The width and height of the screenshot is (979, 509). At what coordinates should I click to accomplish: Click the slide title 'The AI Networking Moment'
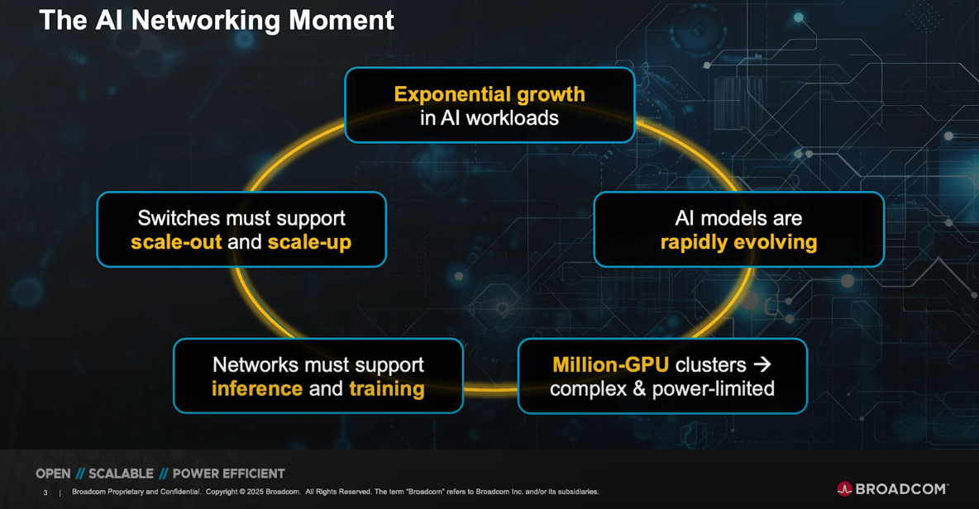(x=217, y=21)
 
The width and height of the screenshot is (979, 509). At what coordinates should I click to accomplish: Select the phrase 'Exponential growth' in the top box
(x=489, y=94)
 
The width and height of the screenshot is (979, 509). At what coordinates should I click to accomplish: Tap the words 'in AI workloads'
(x=489, y=118)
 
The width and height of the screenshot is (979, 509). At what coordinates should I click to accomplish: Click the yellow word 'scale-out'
(x=175, y=242)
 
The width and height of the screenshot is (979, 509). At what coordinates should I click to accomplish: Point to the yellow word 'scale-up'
(x=309, y=242)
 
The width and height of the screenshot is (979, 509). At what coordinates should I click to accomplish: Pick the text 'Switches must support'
(x=241, y=218)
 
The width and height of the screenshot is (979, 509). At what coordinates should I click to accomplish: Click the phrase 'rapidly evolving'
(x=738, y=242)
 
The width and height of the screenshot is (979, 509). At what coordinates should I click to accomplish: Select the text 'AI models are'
(x=738, y=218)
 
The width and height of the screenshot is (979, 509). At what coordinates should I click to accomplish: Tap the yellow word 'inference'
(x=257, y=388)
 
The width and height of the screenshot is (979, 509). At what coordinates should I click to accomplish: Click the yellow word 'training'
(x=387, y=388)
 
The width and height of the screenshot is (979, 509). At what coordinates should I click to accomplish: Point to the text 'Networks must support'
(x=318, y=364)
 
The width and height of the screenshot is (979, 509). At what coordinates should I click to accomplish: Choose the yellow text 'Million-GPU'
(x=610, y=364)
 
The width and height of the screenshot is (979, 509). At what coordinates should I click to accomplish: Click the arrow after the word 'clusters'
(x=762, y=364)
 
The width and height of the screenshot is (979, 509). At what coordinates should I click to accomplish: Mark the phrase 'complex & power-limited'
(x=662, y=388)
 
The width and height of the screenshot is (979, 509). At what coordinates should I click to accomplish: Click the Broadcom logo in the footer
(x=892, y=488)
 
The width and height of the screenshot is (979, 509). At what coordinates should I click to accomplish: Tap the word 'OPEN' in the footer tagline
(x=53, y=473)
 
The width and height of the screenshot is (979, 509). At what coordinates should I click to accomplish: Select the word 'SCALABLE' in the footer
(x=121, y=473)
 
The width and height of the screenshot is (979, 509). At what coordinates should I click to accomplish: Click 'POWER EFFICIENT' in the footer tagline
(x=228, y=473)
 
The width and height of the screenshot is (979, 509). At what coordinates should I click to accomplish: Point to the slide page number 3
(x=45, y=492)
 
